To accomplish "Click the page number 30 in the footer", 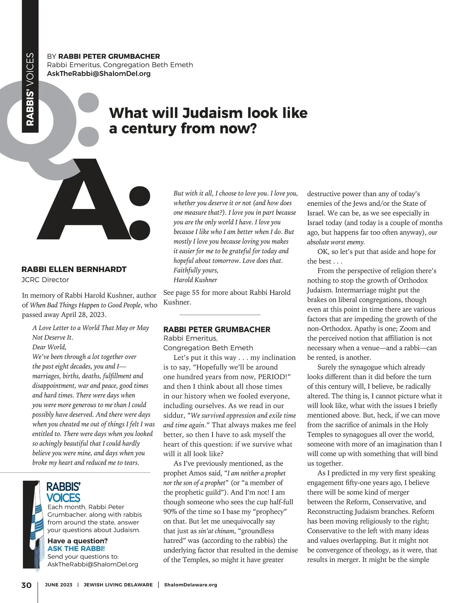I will (x=26, y=585).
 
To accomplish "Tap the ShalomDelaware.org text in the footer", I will (x=191, y=585).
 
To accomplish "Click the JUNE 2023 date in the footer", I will (x=58, y=585).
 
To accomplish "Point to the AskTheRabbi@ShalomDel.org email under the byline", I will (x=99, y=74).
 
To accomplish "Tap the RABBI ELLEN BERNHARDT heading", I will (x=74, y=269).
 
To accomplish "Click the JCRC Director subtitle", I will (x=45, y=280).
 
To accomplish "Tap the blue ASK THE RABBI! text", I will (x=76, y=548).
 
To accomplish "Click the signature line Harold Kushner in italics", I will (x=195, y=280).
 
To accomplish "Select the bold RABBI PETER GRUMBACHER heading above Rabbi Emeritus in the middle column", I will (x=217, y=329).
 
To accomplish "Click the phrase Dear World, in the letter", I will (x=49, y=347).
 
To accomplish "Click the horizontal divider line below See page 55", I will (x=220, y=315).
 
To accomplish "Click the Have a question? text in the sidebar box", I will (x=77, y=541).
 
